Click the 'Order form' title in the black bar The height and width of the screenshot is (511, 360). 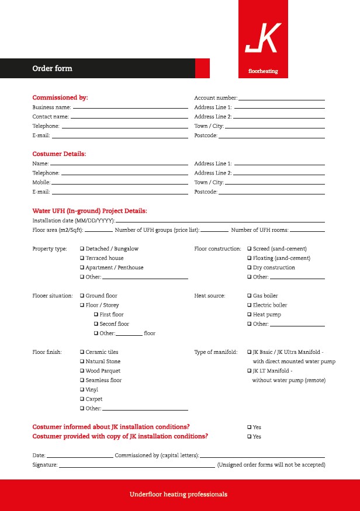52,68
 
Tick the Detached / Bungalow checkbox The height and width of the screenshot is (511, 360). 82,249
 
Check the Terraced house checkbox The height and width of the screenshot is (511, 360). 82,258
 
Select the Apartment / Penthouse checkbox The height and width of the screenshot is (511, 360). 82,267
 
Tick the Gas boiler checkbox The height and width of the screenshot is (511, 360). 249,296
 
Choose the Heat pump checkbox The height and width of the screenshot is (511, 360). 249,315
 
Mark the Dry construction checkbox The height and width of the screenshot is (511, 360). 249,267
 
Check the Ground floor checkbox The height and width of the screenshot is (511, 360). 82,296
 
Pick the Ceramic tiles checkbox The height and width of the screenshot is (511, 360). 82,352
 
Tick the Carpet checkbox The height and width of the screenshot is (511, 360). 82,399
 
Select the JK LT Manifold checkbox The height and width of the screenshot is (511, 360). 249,371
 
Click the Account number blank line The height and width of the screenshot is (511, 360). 281,100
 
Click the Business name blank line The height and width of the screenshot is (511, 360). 130,109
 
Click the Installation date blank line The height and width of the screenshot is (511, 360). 220,223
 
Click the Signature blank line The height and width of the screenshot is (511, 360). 137,467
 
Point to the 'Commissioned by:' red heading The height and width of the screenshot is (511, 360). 60,98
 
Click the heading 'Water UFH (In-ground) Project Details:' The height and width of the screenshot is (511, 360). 89,211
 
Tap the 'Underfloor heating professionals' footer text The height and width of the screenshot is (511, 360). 178,495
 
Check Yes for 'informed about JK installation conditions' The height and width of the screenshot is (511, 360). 249,427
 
